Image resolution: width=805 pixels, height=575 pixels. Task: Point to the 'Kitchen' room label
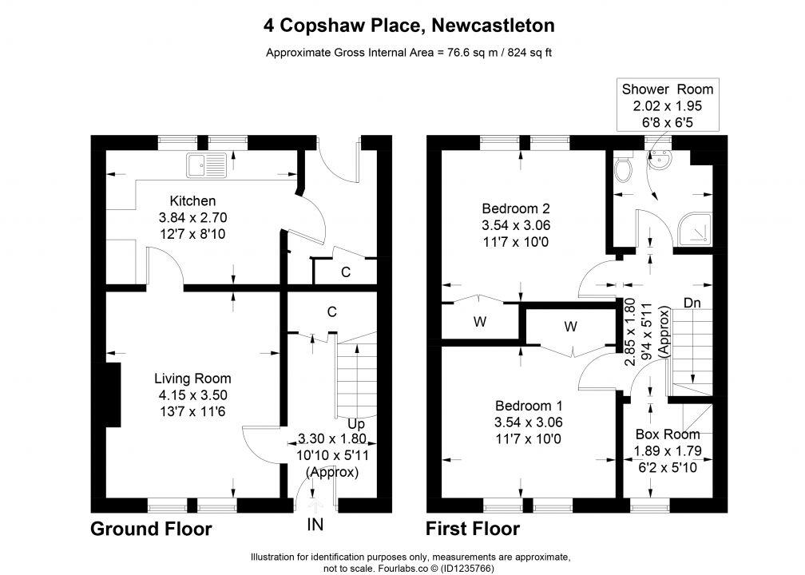192,200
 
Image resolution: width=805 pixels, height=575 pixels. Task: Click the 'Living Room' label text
192,379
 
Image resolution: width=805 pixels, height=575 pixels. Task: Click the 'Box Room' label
668,434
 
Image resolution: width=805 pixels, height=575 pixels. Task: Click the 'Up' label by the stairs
355,422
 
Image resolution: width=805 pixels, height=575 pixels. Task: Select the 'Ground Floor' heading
151,529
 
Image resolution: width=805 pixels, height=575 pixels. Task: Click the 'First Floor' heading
473,529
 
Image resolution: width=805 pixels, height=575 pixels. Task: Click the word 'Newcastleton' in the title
493,26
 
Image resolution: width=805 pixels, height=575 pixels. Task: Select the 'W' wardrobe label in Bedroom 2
479,321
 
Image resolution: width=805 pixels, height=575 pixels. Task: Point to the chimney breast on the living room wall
112,395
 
